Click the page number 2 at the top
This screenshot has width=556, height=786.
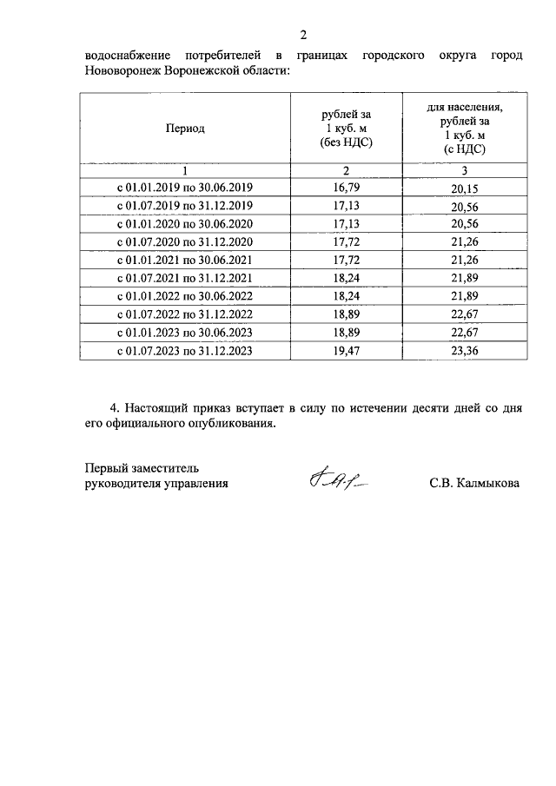coord(303,35)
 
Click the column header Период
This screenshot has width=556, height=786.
coord(185,128)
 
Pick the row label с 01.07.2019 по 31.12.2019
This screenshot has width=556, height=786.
coord(184,205)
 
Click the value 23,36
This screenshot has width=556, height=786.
coord(465,351)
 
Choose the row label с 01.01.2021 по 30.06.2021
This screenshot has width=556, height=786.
coord(184,260)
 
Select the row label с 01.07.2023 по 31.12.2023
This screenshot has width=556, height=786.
coord(184,351)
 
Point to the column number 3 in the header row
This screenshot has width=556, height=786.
coord(465,169)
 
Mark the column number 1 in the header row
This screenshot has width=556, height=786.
coord(184,169)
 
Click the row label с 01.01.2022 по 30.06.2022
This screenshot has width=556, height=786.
coord(184,296)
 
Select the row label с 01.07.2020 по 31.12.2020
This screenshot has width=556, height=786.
coord(184,241)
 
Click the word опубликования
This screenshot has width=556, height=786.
coord(233,425)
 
